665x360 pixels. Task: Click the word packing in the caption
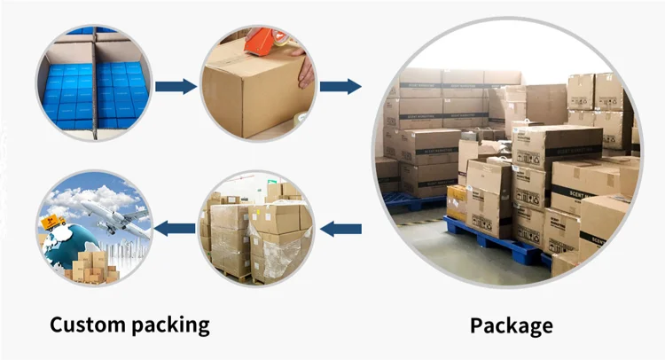[x=168, y=325]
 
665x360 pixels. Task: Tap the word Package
[x=511, y=325]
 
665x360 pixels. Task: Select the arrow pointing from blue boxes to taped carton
[x=176, y=86]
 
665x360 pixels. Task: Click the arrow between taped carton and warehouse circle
[x=340, y=86]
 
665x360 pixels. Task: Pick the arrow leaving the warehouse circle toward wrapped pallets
[x=340, y=229]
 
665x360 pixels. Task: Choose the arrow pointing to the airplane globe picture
[x=176, y=229]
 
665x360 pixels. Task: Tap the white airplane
[x=111, y=213]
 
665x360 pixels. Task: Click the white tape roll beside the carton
[x=301, y=121]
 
